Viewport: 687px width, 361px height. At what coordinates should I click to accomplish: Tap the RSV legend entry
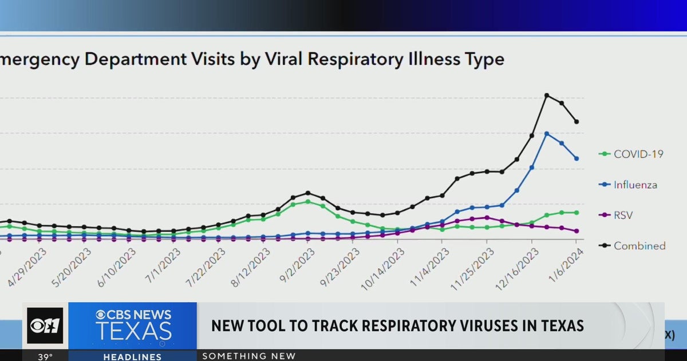[623, 215]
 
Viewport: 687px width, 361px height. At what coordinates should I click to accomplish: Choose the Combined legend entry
[639, 246]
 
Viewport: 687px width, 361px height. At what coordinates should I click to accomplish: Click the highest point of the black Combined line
[547, 95]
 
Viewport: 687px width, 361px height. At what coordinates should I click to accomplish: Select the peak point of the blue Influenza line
[547, 134]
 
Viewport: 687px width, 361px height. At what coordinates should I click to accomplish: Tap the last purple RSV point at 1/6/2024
[576, 231]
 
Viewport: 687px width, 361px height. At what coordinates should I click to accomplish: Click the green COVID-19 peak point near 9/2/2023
[308, 201]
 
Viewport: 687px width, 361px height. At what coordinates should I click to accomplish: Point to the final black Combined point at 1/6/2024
[577, 121]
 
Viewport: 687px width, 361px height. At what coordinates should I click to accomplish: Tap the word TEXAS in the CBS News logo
[133, 331]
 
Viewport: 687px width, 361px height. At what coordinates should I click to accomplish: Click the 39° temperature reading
[45, 356]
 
